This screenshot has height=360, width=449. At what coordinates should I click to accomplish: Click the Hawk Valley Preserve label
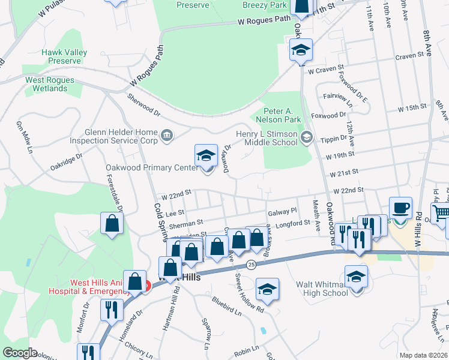tap(61, 56)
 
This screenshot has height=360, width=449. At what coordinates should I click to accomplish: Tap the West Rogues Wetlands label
tap(50, 84)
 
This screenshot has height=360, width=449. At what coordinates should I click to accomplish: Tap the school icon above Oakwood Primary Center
tap(206, 156)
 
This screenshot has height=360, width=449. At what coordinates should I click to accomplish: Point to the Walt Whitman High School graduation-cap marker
tap(357, 277)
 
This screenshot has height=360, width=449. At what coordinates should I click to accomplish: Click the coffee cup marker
tap(400, 209)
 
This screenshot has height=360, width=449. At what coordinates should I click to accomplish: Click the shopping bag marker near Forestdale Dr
tap(112, 223)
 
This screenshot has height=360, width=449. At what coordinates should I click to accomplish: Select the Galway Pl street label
tap(282, 211)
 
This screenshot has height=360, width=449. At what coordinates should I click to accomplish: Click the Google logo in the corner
tap(20, 353)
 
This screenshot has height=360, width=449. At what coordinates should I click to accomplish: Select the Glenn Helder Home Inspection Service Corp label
tap(113, 137)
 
